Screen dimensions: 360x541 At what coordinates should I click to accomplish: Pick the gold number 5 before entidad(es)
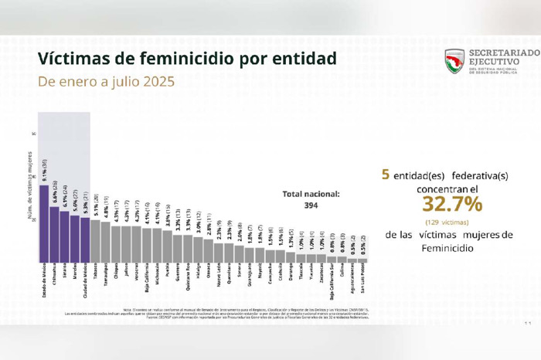pos(384,175)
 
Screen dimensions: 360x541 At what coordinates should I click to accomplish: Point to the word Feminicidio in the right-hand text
pos(451,249)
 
